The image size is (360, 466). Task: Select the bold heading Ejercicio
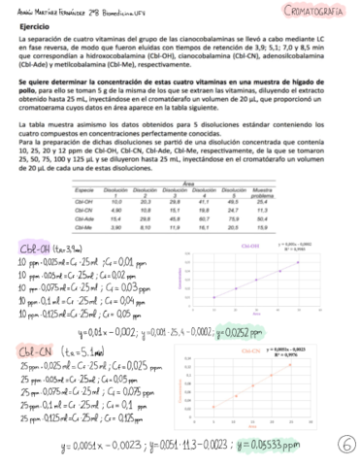tap(31, 28)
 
